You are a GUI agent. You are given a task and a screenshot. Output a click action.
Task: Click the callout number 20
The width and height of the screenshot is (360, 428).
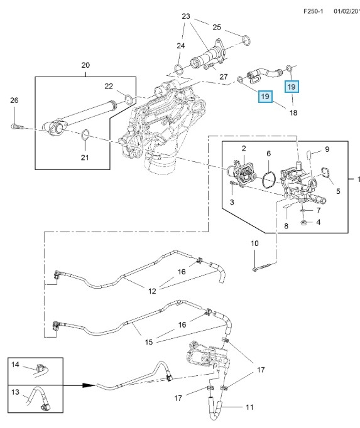[x=85, y=65]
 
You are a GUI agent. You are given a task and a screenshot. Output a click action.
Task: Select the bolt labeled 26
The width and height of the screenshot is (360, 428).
[x=17, y=127]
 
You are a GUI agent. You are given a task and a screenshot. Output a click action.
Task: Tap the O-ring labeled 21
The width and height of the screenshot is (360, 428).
[x=85, y=134]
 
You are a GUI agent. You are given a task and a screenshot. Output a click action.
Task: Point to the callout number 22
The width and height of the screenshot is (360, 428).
[x=109, y=86]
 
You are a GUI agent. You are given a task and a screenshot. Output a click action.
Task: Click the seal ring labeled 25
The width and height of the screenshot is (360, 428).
[x=246, y=40]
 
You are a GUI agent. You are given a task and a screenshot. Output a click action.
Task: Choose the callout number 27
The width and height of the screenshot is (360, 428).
[x=223, y=77]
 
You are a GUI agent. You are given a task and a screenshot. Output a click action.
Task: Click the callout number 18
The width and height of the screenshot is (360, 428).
[x=293, y=113]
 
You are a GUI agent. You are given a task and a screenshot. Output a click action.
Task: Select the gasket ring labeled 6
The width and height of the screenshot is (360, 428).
[x=268, y=179]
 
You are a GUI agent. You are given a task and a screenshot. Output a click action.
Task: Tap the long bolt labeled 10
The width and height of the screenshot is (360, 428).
[x=265, y=267]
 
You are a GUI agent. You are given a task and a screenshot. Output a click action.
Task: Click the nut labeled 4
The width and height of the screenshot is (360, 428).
[x=303, y=222]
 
